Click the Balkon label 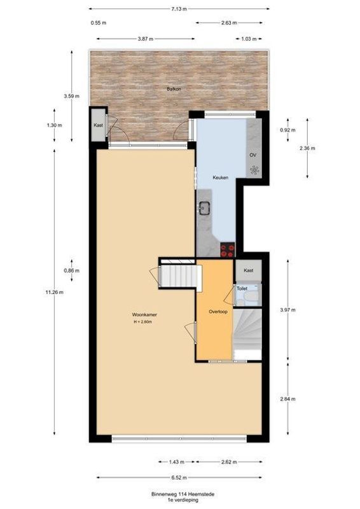[174, 89]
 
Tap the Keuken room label [204, 178]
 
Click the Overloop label [218, 312]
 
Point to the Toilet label [242, 288]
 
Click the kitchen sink [205, 207]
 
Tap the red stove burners [227, 249]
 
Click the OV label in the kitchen [253, 155]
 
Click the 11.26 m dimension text [54, 292]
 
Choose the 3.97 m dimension [289, 310]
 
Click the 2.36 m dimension [316, 148]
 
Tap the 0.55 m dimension [99, 23]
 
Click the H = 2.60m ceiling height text [142, 322]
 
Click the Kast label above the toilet [248, 270]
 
